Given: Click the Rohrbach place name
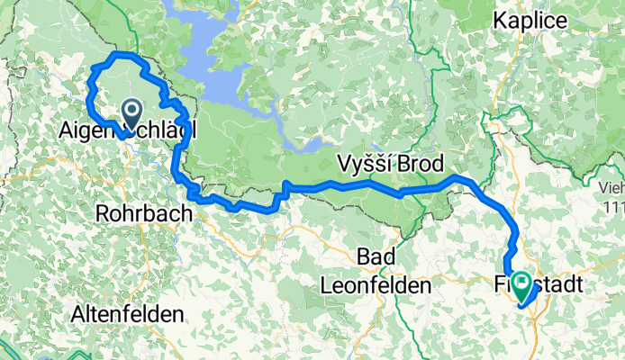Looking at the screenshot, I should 144,214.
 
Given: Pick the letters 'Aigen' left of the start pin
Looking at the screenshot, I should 87,131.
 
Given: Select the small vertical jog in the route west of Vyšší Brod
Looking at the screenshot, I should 285,189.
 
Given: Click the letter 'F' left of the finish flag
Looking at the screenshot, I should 501,283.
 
